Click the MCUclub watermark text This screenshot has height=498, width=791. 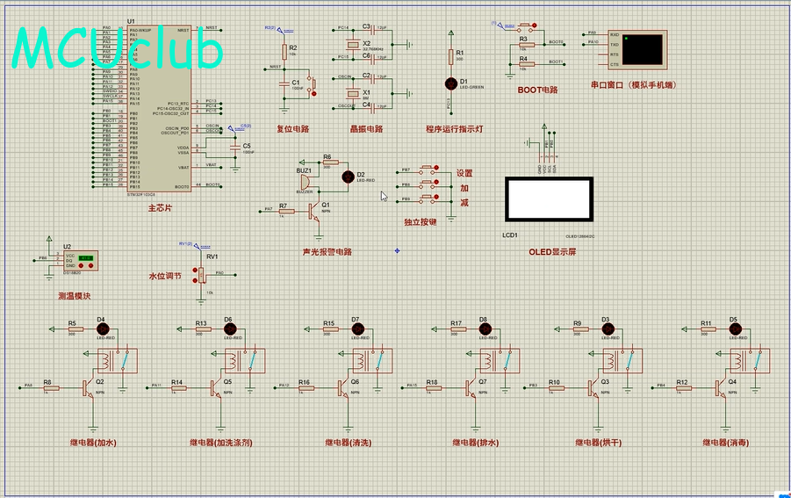[119, 49]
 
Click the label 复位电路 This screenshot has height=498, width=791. [292, 128]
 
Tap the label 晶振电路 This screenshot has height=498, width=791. [366, 128]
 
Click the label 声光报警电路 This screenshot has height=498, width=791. [327, 252]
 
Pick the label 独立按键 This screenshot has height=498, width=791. [420, 222]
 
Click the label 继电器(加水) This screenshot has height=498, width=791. [93, 443]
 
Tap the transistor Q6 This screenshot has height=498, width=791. [342, 386]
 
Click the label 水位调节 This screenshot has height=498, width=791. [164, 276]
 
